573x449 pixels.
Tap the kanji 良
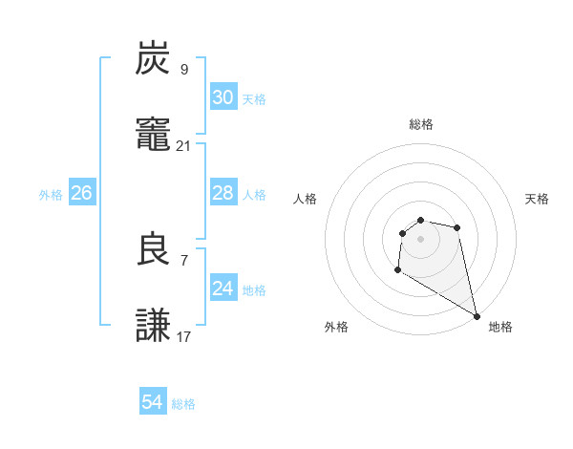point(154,248)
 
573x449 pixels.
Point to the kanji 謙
point(154,325)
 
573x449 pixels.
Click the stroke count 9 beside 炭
point(184,69)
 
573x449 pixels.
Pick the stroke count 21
point(184,145)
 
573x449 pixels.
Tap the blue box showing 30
point(223,97)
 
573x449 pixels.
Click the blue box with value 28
point(223,193)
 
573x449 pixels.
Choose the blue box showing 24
point(223,289)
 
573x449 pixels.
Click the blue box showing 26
point(81,193)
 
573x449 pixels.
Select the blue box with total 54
point(153,402)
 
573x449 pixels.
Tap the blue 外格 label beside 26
point(51,195)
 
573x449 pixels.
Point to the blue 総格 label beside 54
point(183,404)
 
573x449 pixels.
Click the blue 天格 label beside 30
point(254,99)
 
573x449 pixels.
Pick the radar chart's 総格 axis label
point(420,124)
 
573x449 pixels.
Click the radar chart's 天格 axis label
point(537,199)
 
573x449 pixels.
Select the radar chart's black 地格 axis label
point(500,327)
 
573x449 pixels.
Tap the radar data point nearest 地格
point(477,316)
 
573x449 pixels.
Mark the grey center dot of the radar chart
point(420,238)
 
